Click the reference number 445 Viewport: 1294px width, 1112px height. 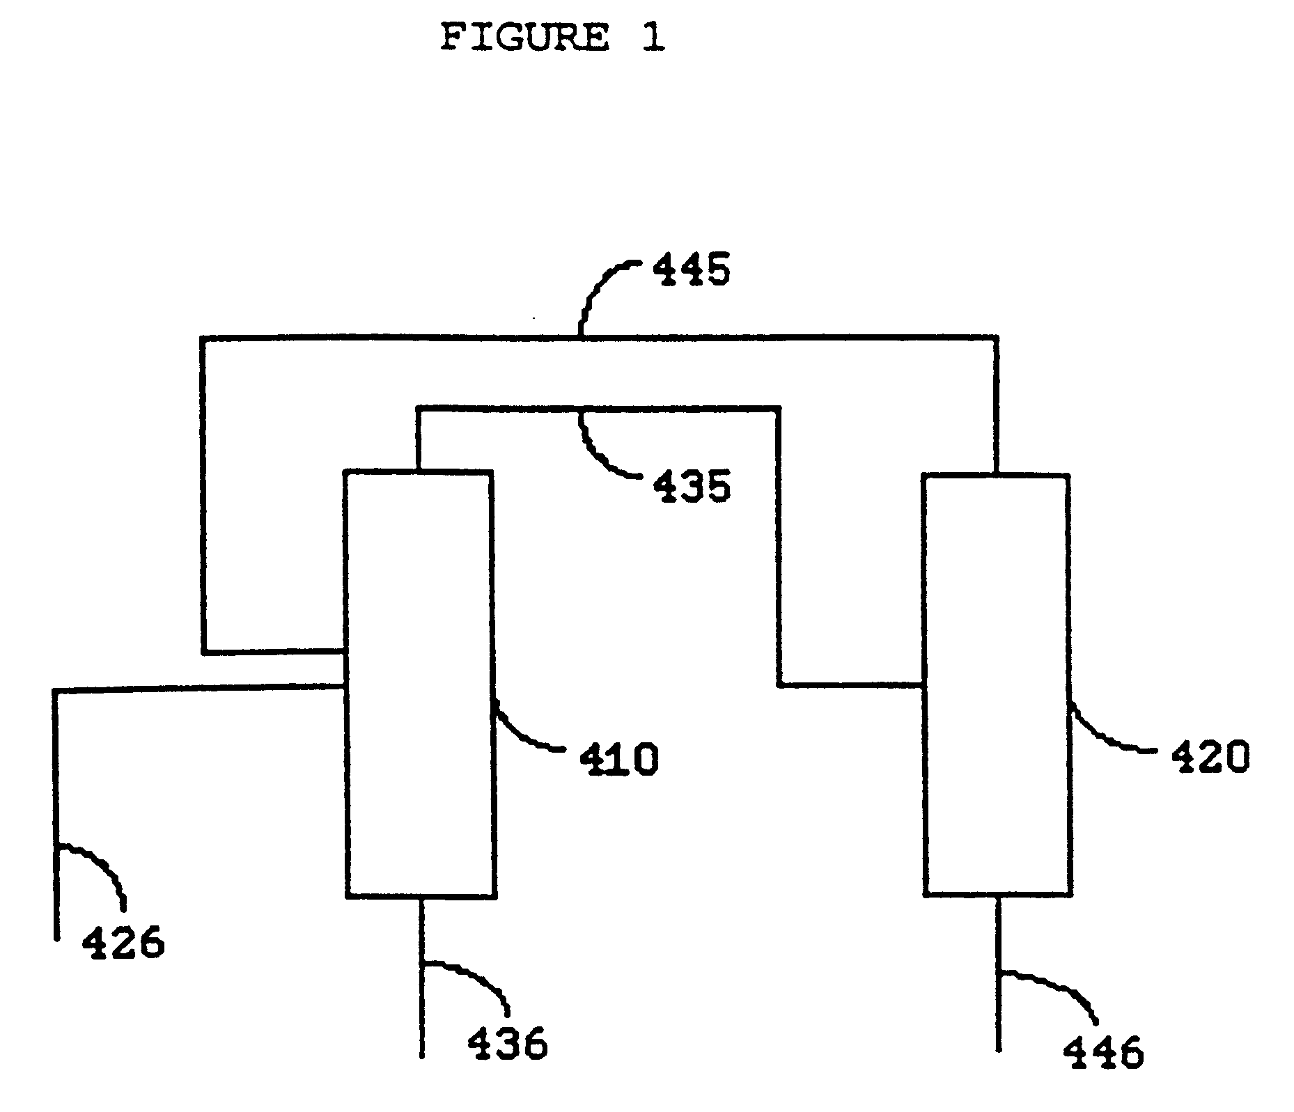[691, 270]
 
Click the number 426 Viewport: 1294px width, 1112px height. [123, 943]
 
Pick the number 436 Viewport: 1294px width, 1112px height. [507, 1044]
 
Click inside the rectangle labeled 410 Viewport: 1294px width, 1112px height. [420, 682]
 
